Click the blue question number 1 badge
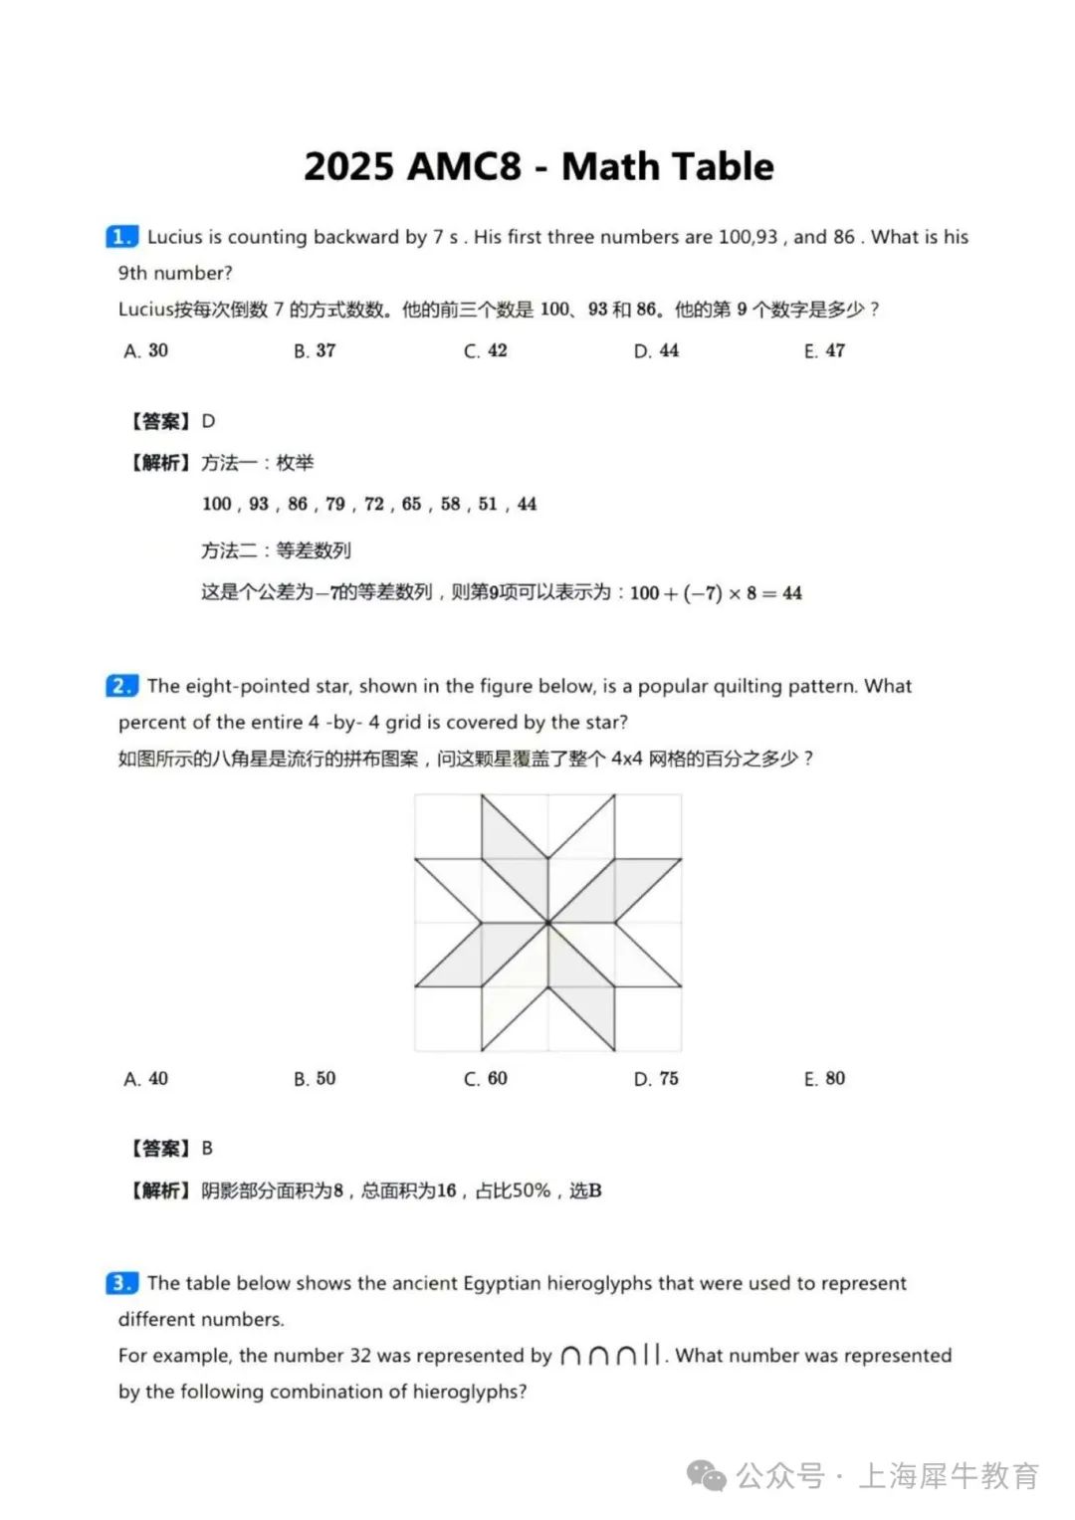pos(121,237)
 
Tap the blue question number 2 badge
pos(121,686)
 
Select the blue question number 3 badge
pos(121,1283)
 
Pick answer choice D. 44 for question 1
pos(656,350)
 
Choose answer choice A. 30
pos(146,350)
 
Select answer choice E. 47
pos(824,350)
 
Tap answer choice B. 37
pos(315,350)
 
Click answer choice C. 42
pos(486,350)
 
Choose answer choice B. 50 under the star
pos(315,1078)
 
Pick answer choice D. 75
pos(656,1078)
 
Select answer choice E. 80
pos(824,1078)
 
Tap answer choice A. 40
pos(146,1078)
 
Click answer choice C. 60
pos(486,1078)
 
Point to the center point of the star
pos(548,923)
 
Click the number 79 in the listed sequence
pos(335,504)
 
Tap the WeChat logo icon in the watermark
pos(708,1476)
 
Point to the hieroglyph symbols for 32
pos(610,1355)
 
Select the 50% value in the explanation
pos(531,1191)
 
